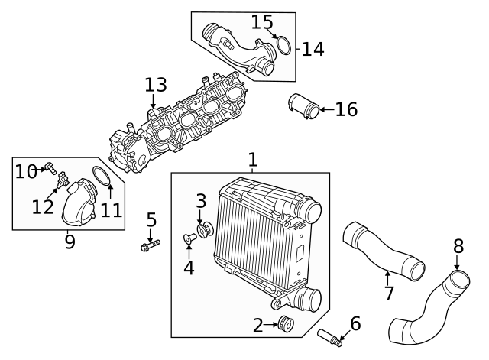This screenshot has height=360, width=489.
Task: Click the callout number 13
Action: tap(155, 83)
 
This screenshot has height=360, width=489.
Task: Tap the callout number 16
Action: tap(346, 110)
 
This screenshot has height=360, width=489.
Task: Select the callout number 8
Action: tap(458, 246)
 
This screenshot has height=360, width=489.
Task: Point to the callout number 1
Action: tap(252, 160)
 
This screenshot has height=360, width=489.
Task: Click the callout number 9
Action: tap(70, 242)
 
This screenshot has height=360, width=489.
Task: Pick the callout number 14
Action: tap(313, 50)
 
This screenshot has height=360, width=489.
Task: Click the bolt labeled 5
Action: tap(151, 246)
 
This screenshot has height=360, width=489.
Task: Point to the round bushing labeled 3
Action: tap(204, 230)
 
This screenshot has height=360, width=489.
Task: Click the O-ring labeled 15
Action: tap(283, 46)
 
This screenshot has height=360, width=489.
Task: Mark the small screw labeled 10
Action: tap(50, 167)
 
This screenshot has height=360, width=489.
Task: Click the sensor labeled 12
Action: tap(61, 180)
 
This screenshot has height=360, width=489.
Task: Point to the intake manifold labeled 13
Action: tap(191, 122)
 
